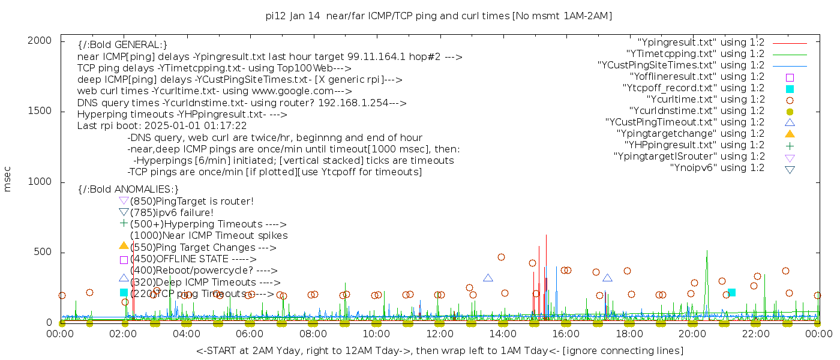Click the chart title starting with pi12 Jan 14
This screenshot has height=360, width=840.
tap(439, 16)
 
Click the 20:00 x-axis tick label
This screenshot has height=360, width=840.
tap(692, 334)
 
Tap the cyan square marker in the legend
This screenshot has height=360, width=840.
tap(790, 89)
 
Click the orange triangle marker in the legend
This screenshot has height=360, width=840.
tap(790, 133)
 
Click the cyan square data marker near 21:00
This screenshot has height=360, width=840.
tap(731, 292)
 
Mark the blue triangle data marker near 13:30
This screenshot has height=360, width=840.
tap(488, 278)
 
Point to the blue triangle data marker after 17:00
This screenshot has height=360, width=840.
tap(607, 278)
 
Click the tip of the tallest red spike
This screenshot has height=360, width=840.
tap(546, 235)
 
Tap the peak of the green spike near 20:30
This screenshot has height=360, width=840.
tap(707, 251)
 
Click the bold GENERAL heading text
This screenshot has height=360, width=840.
tap(122, 45)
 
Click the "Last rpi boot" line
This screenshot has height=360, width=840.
tap(162, 126)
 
